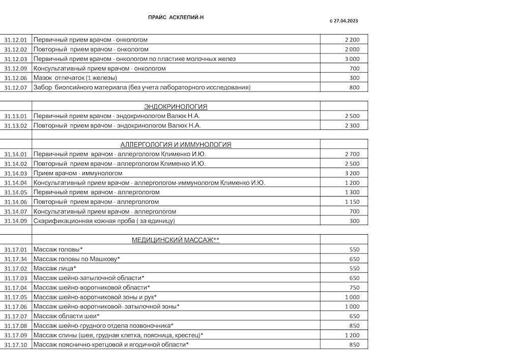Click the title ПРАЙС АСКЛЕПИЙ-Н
[x=176, y=17]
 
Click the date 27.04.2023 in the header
[x=346, y=21]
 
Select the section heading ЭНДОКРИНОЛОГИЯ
[x=176, y=106]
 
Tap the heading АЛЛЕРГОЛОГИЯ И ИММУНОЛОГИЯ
[x=176, y=145]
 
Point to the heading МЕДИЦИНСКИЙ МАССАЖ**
[x=176, y=240]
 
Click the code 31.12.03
[x=15, y=59]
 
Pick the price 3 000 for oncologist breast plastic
[x=352, y=59]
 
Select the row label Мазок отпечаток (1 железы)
[x=75, y=78]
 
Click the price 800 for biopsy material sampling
[x=354, y=88]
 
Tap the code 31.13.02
[x=15, y=126]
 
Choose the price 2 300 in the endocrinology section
[x=352, y=126]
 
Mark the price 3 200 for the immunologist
[x=352, y=173]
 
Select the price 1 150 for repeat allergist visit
[x=352, y=202]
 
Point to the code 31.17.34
[x=15, y=259]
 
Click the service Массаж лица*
[x=55, y=268]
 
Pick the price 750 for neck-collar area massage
[x=354, y=288]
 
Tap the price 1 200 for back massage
[x=352, y=336]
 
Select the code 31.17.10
[x=15, y=345]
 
